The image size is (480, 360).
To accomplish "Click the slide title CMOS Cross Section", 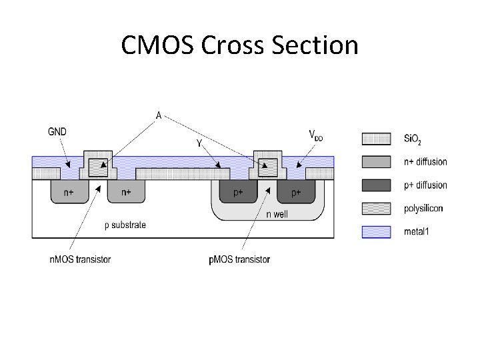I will click(240, 46).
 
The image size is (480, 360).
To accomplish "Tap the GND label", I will click(57, 131).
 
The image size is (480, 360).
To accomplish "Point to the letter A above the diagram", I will click(159, 115).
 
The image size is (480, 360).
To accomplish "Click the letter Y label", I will click(199, 143).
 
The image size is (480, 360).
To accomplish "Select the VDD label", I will click(315, 135).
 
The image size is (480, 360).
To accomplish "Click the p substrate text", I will click(125, 225).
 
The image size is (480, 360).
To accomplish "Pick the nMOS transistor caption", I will click(79, 259).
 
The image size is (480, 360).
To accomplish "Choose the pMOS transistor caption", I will click(239, 259).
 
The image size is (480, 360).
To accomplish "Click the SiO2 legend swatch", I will click(376, 139).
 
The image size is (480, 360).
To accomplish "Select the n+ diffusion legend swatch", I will click(376, 162).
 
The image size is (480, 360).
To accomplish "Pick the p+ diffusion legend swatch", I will click(376, 185).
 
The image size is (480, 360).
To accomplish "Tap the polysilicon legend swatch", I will click(376, 209).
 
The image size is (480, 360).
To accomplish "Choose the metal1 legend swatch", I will click(376, 232).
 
